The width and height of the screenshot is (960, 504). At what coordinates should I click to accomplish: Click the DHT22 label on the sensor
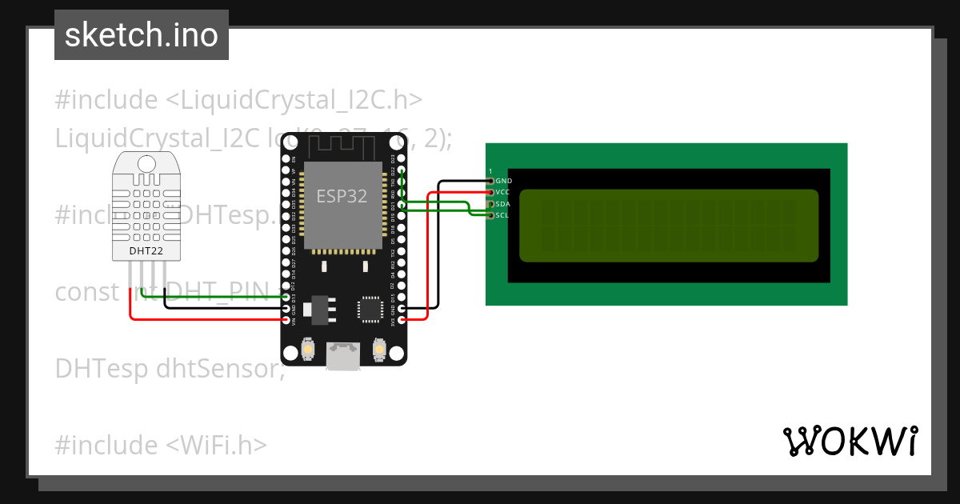146,251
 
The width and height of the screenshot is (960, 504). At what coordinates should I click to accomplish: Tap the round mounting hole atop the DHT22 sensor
146,164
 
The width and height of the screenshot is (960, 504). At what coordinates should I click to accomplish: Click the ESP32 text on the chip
342,197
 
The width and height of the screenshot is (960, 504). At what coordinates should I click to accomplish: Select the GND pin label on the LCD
503,182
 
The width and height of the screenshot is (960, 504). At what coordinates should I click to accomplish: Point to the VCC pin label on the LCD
502,193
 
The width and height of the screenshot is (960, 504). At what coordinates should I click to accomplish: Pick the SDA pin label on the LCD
502,204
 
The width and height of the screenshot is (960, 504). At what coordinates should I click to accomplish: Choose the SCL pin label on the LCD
502,215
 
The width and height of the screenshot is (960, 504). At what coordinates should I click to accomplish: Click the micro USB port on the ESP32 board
343,357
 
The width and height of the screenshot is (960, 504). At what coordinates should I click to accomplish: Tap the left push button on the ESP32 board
308,350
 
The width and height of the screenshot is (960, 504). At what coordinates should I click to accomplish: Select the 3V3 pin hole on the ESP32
402,319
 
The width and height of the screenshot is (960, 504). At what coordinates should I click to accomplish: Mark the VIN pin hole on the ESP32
286,319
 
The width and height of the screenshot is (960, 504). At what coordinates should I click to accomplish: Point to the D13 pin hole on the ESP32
286,297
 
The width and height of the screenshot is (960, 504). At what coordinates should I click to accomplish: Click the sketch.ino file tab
142,35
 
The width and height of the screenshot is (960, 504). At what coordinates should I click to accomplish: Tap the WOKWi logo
850,441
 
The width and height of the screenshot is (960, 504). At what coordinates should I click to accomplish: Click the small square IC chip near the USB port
370,309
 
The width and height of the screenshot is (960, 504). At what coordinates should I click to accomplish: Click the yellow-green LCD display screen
669,226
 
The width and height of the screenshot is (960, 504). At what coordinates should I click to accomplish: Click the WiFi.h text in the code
217,444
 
